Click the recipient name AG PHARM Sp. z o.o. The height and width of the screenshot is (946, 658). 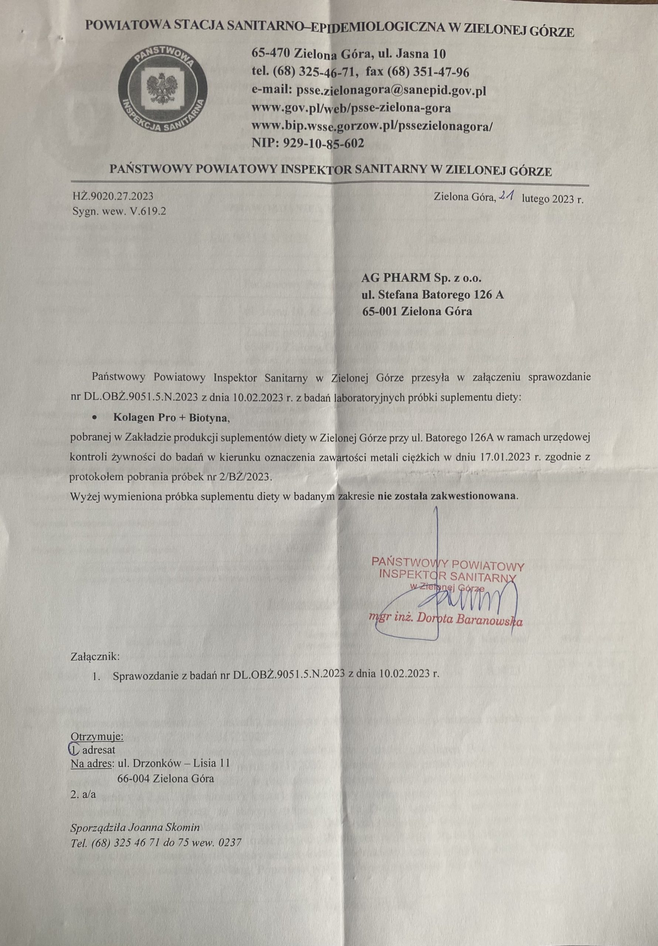click(421, 278)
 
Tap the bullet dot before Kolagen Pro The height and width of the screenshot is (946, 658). click(96, 418)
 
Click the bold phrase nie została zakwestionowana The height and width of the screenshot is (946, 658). click(447, 496)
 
